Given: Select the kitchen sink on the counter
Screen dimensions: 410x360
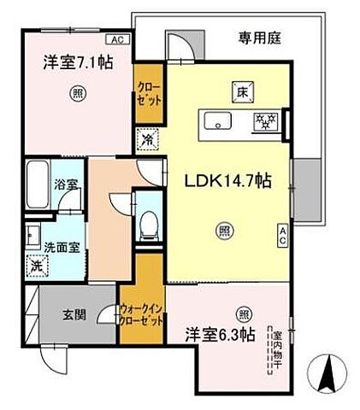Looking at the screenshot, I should [x=216, y=121].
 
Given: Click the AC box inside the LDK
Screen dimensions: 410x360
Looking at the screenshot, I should [x=281, y=236].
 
